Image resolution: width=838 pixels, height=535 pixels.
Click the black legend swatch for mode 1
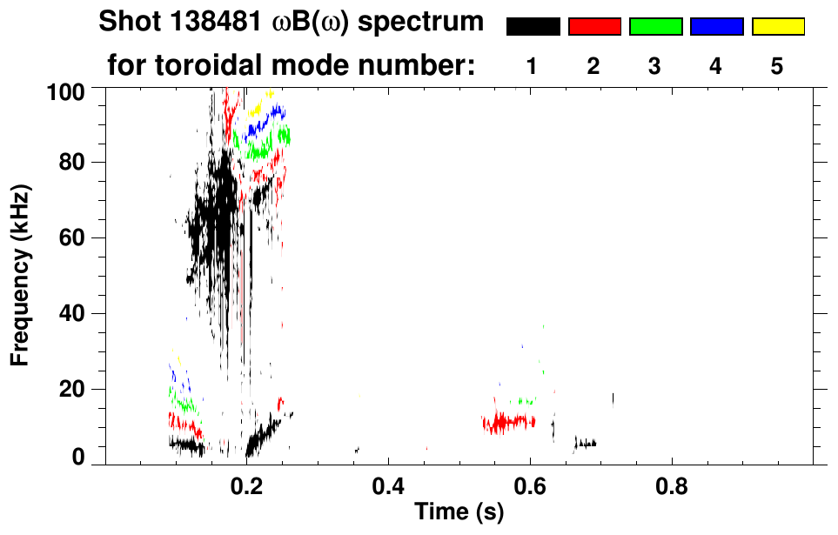533,27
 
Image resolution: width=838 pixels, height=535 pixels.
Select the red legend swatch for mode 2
594,27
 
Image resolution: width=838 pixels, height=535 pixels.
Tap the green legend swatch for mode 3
655,27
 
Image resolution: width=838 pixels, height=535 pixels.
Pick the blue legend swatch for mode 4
716,27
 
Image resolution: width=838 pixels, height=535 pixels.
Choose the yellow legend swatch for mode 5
777,27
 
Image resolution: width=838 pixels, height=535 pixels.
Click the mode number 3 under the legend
655,66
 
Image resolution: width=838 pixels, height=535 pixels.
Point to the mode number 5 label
777,66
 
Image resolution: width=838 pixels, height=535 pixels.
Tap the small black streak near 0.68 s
586,444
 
